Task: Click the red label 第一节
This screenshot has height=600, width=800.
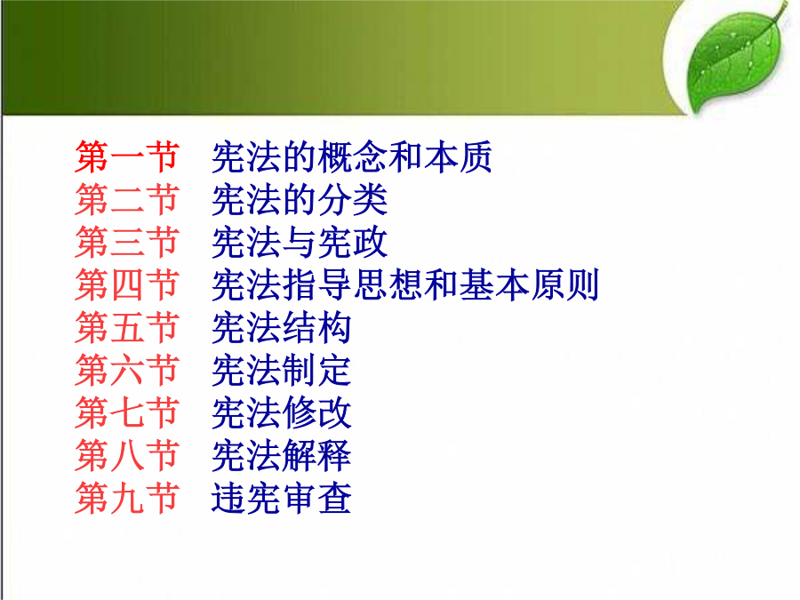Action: pyautogui.click(x=127, y=157)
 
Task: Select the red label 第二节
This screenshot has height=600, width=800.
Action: pyautogui.click(x=127, y=199)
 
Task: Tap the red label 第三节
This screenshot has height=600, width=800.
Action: pyautogui.click(x=127, y=243)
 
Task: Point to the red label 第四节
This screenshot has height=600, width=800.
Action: pyautogui.click(x=127, y=284)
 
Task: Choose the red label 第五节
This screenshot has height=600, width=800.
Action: pyautogui.click(x=127, y=327)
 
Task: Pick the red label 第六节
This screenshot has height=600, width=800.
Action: pyautogui.click(x=127, y=370)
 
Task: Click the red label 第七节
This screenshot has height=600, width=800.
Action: pyautogui.click(x=127, y=412)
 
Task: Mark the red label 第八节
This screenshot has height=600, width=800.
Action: pyautogui.click(x=127, y=455)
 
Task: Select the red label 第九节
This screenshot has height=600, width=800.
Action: pyautogui.click(x=127, y=498)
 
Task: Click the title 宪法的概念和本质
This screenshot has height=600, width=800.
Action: pyautogui.click(x=351, y=157)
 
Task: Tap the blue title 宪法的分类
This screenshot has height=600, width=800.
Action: pyautogui.click(x=300, y=199)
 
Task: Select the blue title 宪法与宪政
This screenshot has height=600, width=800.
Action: pyautogui.click(x=300, y=243)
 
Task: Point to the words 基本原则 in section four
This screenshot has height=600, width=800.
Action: pyautogui.click(x=529, y=284)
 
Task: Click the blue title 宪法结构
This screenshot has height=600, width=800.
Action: pyautogui.click(x=282, y=327)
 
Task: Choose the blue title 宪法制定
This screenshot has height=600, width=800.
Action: pyautogui.click(x=282, y=370)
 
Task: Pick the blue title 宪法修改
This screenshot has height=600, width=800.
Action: pyautogui.click(x=282, y=412)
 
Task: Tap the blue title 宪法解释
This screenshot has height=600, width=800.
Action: pyautogui.click(x=282, y=455)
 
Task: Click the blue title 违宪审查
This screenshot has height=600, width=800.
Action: pyautogui.click(x=282, y=498)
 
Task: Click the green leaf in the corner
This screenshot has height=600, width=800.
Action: pyautogui.click(x=735, y=59)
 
